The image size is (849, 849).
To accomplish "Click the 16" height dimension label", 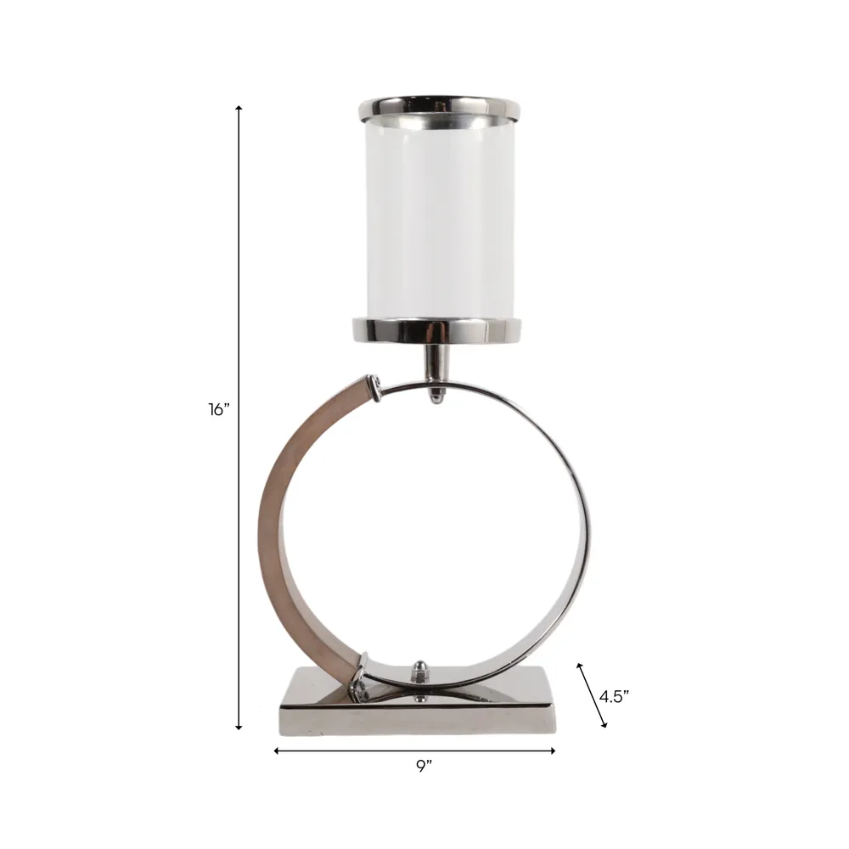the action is click(x=219, y=410).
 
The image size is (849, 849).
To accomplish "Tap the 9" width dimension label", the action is click(x=424, y=766).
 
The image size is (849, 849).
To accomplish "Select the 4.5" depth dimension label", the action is click(x=614, y=696).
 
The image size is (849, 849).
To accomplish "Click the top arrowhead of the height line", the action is click(x=239, y=109).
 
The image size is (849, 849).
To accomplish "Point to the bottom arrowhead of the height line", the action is click(x=239, y=728).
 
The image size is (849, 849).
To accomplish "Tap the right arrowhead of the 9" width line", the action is click(x=552, y=751).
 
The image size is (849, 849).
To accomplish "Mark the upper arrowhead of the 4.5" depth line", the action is click(x=579, y=666).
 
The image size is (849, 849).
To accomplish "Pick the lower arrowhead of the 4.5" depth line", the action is click(x=604, y=724).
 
